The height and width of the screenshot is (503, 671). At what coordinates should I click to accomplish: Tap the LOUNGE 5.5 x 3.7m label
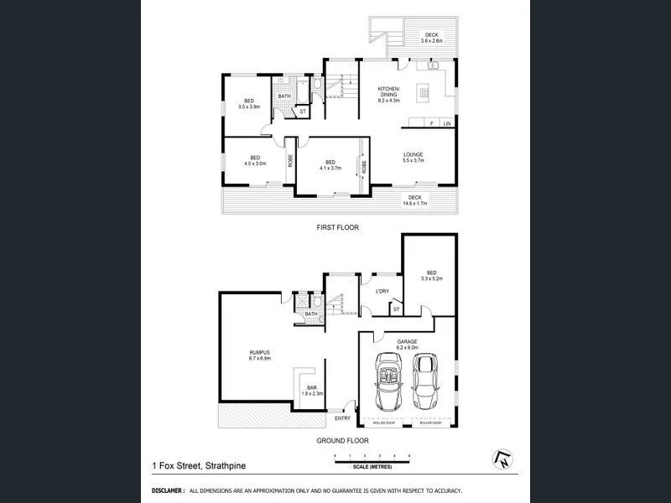[x=413, y=157]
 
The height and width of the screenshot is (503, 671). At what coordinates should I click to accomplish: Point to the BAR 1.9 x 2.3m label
[x=312, y=390]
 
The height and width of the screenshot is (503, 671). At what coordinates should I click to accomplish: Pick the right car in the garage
[x=425, y=378]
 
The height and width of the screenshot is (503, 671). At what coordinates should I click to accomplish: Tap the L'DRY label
[x=382, y=291]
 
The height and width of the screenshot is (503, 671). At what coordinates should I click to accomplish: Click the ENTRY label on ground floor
[x=342, y=418]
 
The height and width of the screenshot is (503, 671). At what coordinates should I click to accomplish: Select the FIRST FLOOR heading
[x=337, y=227]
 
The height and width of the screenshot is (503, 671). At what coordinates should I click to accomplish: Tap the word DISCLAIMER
[x=168, y=490]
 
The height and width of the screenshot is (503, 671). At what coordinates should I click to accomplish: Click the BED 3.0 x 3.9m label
[x=249, y=104]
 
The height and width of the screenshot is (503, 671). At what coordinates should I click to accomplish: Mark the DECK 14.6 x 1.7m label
[x=416, y=200]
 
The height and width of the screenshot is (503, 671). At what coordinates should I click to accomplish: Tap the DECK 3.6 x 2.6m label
[x=430, y=37]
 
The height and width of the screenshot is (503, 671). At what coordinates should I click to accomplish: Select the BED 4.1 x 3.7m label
[x=330, y=165]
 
